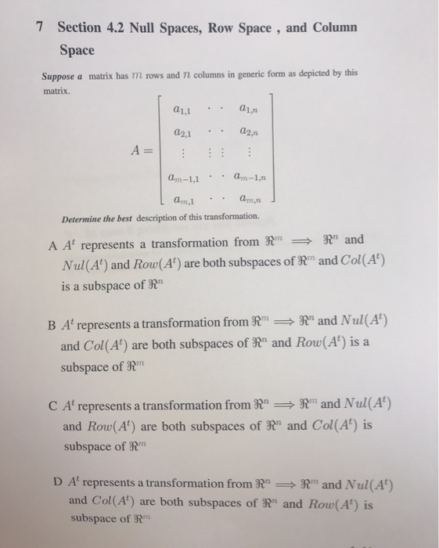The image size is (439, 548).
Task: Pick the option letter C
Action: pyautogui.click(x=51, y=406)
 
